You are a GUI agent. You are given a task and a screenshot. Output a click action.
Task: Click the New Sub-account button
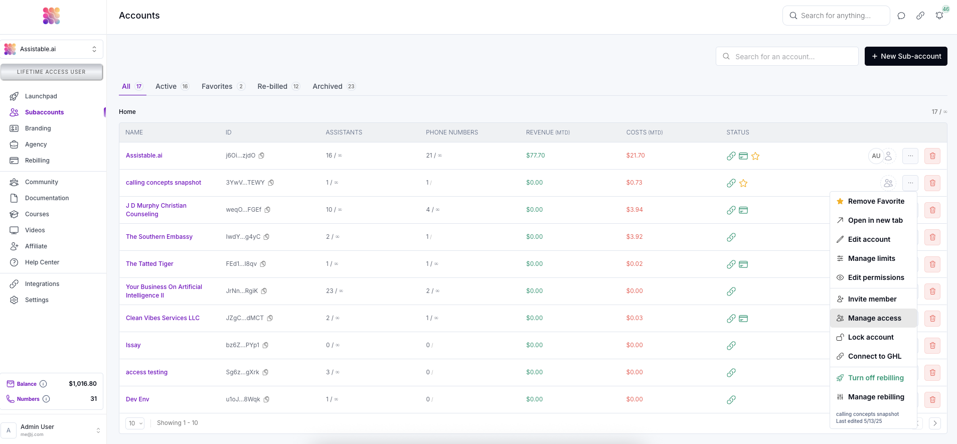point(906,56)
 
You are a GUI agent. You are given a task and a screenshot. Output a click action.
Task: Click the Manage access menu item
point(874,318)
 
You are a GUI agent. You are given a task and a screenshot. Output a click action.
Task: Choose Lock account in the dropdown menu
point(870,337)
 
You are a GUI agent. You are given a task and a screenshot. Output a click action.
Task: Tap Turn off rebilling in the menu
point(875,378)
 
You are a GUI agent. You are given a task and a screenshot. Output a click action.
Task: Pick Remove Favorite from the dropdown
point(876,201)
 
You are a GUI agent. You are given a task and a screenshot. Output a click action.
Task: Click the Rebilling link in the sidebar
point(37,161)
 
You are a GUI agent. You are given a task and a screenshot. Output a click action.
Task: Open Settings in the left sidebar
point(37,300)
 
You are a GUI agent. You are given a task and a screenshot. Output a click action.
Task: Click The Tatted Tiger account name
point(149,264)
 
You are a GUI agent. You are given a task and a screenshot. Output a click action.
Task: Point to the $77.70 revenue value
point(535,156)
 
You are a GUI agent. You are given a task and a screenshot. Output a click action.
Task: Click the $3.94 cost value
point(634,210)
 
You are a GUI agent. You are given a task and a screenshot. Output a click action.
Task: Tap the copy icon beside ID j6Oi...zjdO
point(261,156)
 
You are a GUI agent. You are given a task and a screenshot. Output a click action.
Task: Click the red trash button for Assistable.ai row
point(932,156)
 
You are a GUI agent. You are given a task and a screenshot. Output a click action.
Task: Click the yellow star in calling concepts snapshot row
point(743,183)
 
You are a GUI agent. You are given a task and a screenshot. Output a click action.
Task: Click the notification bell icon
point(939,16)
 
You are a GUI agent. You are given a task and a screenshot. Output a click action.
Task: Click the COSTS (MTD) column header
point(645,132)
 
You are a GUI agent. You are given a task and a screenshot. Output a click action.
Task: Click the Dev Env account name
point(137,399)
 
